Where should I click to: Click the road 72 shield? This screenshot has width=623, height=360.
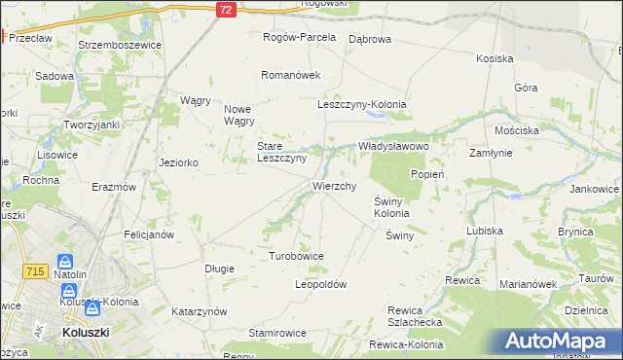(x=226, y=9)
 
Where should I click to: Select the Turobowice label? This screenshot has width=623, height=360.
(x=296, y=255)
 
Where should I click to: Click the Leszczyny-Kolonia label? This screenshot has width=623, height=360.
(x=361, y=104)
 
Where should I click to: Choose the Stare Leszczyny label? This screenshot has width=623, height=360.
(x=281, y=152)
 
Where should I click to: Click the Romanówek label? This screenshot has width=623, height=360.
(x=290, y=74)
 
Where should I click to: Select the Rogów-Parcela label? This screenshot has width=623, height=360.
(x=299, y=37)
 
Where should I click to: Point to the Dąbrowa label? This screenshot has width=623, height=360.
(x=369, y=39)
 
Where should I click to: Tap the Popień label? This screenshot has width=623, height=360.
(x=427, y=174)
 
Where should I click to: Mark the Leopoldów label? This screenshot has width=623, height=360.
(x=320, y=284)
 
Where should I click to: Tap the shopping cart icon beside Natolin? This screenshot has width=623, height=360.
(x=65, y=262)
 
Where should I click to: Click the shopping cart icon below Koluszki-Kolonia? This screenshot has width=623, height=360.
(x=92, y=309)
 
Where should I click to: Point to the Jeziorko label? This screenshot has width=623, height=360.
(x=179, y=162)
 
